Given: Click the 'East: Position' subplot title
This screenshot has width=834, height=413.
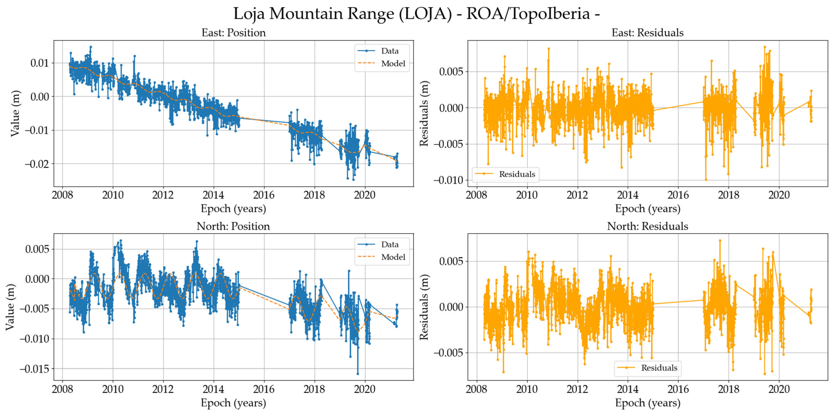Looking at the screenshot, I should click(233, 33).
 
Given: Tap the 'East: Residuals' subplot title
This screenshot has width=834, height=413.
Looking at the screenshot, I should click(648, 33).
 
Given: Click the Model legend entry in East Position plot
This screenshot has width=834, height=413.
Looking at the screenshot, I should click(393, 63).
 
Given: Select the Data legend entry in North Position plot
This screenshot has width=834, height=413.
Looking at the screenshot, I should click(390, 244).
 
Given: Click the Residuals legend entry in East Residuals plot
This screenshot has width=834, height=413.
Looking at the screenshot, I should click(517, 174).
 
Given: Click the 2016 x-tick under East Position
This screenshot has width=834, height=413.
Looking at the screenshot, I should click(264, 195).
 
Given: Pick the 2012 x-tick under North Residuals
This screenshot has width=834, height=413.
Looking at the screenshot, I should click(577, 389).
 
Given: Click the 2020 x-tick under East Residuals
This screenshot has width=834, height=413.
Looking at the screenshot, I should click(779, 195).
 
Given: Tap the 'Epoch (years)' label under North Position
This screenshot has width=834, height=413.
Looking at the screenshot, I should click(233, 403).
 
